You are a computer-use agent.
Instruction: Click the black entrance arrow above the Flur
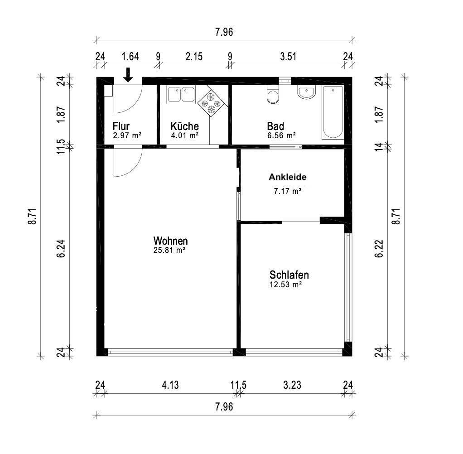(128, 75)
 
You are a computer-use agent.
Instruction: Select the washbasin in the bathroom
(307, 92)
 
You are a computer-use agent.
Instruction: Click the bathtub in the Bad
(333, 112)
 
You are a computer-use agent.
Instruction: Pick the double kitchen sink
(181, 94)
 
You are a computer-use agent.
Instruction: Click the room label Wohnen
(170, 241)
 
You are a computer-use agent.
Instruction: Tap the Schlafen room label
(289, 275)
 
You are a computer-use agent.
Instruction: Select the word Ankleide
(287, 177)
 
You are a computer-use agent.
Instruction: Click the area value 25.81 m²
(169, 250)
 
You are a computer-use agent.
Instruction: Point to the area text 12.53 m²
(285, 285)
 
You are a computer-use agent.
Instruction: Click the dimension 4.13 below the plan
(170, 385)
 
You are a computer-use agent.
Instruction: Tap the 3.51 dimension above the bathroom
(288, 57)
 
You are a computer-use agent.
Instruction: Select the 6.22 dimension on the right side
(379, 249)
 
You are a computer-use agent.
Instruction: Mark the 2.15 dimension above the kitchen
(194, 57)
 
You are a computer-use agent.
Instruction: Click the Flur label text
(121, 126)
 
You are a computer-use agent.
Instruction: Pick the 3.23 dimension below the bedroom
(292, 385)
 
